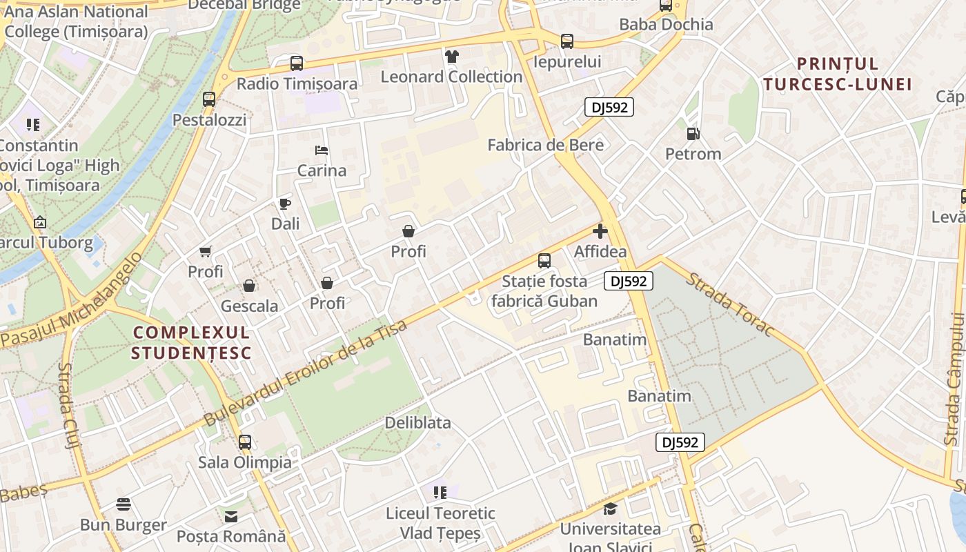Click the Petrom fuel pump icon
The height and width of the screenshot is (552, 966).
[x=693, y=134]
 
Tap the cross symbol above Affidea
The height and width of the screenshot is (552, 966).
[x=600, y=231]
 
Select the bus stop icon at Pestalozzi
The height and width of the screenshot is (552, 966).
[x=209, y=99]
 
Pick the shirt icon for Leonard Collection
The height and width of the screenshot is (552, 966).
[x=452, y=57]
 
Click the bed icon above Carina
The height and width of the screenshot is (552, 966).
[x=321, y=150]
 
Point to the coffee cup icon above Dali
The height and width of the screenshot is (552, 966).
[x=285, y=204]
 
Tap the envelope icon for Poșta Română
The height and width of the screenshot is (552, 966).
[x=230, y=516]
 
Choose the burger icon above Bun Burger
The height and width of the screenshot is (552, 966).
[x=124, y=504]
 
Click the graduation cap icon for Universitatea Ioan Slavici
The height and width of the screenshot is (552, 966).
[x=610, y=509]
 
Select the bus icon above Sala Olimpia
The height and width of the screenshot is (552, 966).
[x=245, y=442]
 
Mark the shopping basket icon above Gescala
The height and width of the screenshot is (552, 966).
[x=249, y=286]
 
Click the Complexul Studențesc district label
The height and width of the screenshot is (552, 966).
[x=191, y=342]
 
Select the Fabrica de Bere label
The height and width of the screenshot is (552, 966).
[x=545, y=145]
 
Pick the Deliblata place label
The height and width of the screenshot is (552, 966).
[x=417, y=422]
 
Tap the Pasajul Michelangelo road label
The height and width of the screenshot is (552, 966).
[x=72, y=301]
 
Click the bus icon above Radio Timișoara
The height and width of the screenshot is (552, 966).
[x=297, y=63]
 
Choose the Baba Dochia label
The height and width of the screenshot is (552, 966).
[x=666, y=24]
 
